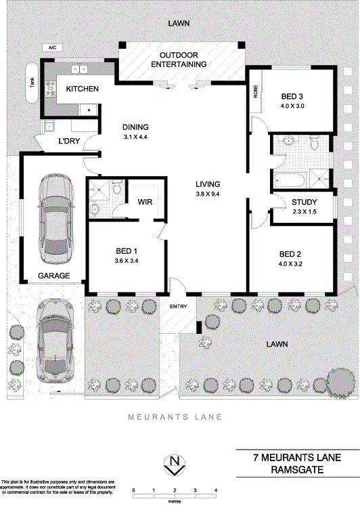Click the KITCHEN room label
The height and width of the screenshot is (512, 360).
(x=83, y=89)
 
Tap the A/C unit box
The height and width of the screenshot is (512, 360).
(x=51, y=48)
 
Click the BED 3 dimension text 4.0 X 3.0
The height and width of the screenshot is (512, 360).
(x=293, y=106)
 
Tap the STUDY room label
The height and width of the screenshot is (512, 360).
(x=304, y=202)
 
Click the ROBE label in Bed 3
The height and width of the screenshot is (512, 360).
(x=256, y=92)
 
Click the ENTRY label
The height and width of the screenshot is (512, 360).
(x=177, y=307)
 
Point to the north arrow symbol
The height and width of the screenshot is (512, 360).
(x=175, y=465)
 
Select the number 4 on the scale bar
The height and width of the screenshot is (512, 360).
(x=215, y=490)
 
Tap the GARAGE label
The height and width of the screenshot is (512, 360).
(x=53, y=276)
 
